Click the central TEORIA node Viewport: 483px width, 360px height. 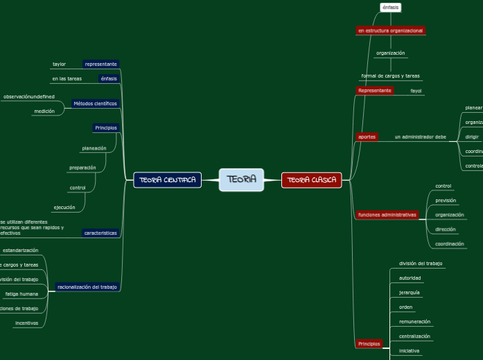(241, 180)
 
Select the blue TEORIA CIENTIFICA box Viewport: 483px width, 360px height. (168, 180)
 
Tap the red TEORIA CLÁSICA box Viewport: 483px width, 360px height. (311, 180)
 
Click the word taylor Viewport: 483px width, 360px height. (59, 64)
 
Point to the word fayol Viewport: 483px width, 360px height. (416, 91)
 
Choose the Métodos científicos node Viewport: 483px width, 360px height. (96, 104)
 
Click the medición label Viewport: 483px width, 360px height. (44, 111)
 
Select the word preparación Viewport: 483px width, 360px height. (82, 168)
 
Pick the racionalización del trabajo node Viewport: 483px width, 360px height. (87, 287)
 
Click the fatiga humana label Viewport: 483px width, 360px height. (21, 294)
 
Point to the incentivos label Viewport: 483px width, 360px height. (27, 323)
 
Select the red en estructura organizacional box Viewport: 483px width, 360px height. (390, 30)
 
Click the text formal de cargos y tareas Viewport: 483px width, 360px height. (390, 76)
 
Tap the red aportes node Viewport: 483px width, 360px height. (367, 137)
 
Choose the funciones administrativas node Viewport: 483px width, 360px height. (387, 215)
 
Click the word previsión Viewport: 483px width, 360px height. (446, 201)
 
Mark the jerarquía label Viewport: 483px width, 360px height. (410, 293)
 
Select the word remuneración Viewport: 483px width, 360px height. (414, 321)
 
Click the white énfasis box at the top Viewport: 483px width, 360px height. (390, 8)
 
